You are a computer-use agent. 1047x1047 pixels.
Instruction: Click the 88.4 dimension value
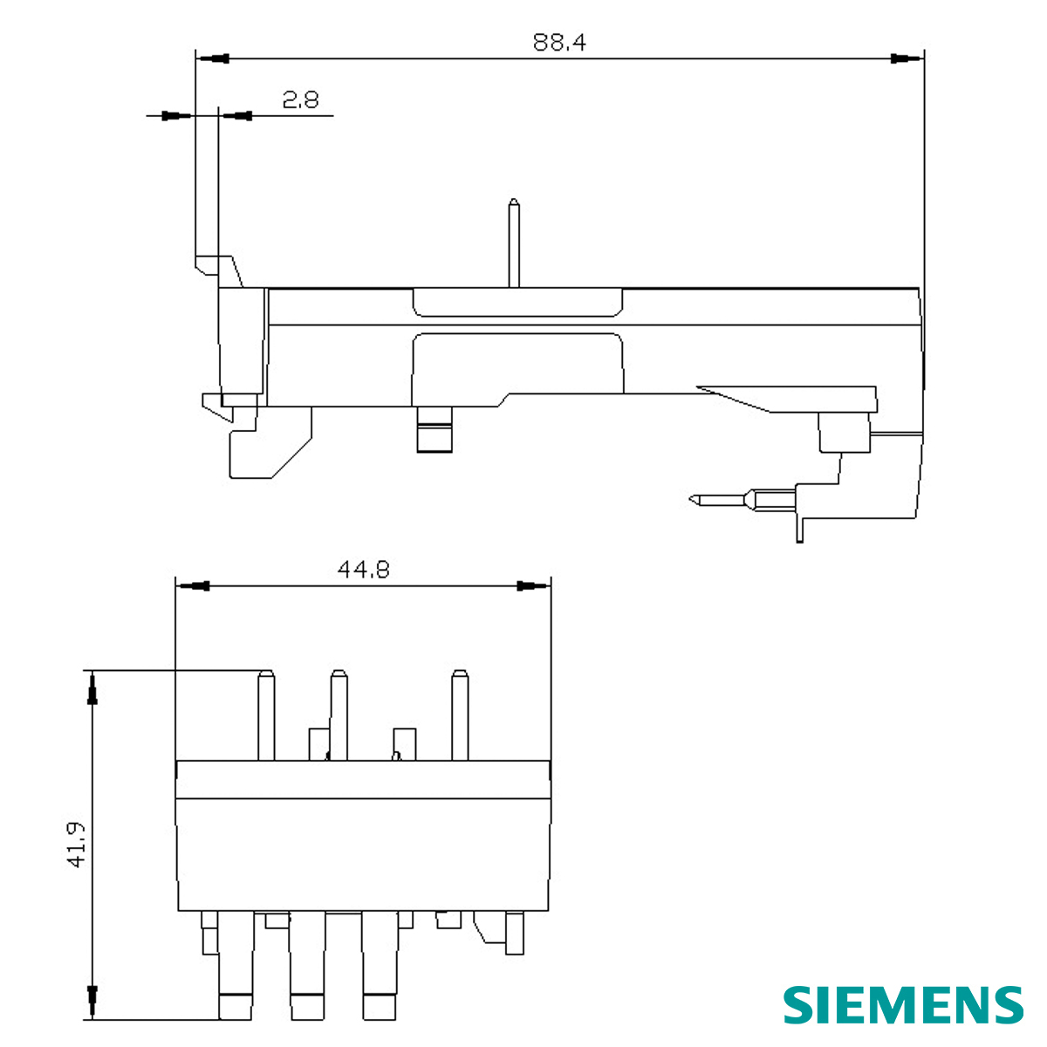click(x=559, y=42)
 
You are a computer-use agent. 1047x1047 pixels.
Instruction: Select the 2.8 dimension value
click(x=300, y=100)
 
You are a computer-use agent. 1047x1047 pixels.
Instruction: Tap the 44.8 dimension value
click(x=363, y=570)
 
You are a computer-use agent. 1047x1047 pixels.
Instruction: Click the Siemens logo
click(x=902, y=1005)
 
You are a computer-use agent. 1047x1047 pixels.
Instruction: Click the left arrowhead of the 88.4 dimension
click(x=214, y=58)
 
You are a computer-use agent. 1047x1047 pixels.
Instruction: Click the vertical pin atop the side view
click(x=515, y=243)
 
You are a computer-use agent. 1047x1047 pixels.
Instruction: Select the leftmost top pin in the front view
click(x=267, y=715)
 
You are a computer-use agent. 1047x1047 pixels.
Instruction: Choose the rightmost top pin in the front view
click(x=460, y=715)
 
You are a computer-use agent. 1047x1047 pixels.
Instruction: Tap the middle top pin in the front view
click(x=339, y=715)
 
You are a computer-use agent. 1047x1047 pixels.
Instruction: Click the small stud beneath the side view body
click(x=435, y=430)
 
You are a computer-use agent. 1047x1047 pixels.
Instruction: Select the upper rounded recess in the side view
click(x=518, y=302)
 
